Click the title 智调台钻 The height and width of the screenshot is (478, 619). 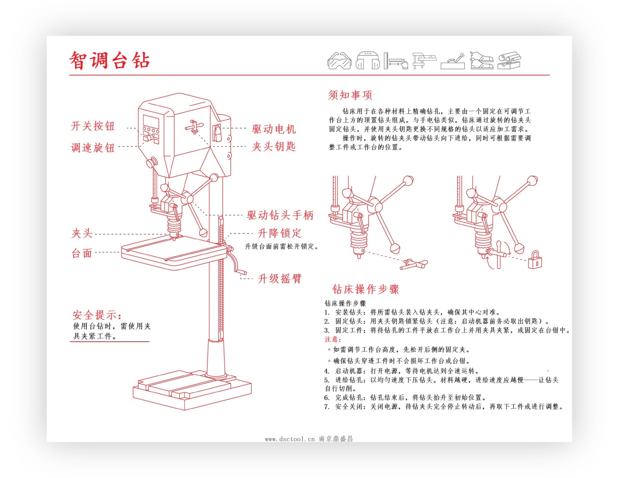point(110,60)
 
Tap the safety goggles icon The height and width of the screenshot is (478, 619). point(339,61)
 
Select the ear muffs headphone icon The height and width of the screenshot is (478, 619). point(368,60)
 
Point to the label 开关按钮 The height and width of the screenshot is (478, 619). point(93,126)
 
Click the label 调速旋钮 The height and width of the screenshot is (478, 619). point(93,148)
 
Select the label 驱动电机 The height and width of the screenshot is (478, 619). point(274,129)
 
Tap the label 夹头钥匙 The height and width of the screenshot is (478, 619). point(274,147)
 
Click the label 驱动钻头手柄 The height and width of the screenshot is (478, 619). point(280,215)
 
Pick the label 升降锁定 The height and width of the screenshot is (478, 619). point(279,233)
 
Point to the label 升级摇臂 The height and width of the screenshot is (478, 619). point(279,278)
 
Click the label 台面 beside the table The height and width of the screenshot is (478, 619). point(82,253)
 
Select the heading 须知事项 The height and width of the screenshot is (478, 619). point(350,95)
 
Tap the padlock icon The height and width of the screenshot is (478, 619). point(535,260)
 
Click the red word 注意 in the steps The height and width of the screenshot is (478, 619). point(332,339)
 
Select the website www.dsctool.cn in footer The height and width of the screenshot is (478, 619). point(290,439)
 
